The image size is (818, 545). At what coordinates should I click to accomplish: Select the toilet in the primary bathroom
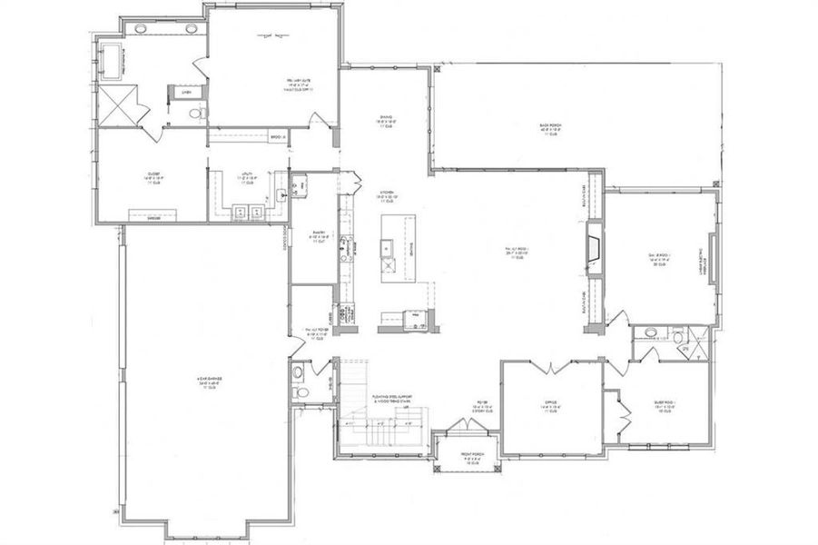tap(201, 112)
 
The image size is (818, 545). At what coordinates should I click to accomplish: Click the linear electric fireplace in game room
tap(706, 263)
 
